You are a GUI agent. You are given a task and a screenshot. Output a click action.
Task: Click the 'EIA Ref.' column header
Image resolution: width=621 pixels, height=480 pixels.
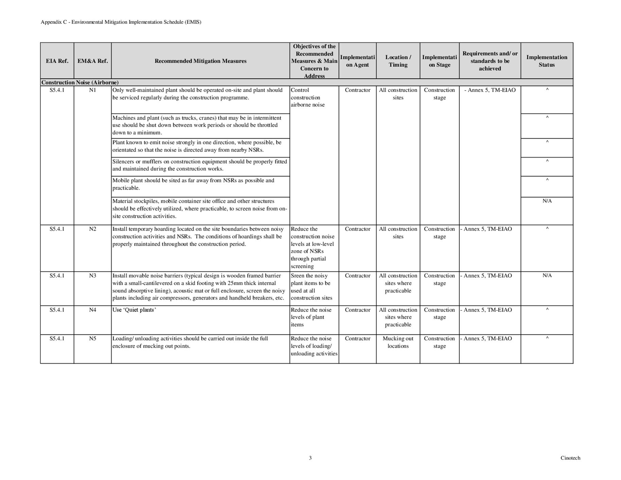tap(57, 61)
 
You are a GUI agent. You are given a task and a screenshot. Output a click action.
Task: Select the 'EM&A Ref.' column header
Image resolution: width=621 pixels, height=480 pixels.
tap(92, 61)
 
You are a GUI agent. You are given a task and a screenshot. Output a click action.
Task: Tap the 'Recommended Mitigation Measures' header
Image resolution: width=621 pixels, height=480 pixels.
tap(200, 61)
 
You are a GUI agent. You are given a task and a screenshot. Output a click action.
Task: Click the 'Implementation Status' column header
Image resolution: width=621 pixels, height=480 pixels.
tap(547, 61)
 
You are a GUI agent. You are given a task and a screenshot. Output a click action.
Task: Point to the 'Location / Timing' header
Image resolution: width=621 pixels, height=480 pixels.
tap(398, 61)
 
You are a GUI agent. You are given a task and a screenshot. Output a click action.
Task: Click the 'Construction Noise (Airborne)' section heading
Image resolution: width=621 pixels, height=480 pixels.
tap(80, 83)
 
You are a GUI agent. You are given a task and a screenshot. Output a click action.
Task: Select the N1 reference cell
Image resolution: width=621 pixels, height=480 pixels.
tap(92, 90)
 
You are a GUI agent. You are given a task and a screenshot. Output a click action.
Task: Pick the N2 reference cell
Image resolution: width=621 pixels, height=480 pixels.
tap(92, 229)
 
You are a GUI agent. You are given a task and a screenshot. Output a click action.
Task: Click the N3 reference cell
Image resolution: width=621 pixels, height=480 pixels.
tap(92, 275)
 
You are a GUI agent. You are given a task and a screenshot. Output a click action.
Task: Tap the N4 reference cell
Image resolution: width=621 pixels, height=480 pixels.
tap(92, 310)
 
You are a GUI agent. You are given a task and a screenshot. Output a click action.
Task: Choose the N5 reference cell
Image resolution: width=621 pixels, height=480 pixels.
tap(92, 338)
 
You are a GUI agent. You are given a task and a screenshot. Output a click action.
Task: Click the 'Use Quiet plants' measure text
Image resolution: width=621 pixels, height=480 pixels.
tap(134, 310)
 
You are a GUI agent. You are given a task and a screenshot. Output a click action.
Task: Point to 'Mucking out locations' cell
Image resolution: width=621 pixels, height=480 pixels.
tap(398, 342)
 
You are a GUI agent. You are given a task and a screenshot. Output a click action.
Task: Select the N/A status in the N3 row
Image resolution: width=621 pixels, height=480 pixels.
tap(547, 275)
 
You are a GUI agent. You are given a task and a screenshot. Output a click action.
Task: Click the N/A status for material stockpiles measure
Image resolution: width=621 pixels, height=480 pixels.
tap(547, 201)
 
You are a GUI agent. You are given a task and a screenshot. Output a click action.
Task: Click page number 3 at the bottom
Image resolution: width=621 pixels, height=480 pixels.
tap(310, 458)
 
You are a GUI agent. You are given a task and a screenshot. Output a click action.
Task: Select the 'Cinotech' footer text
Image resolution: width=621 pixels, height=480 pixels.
tap(570, 458)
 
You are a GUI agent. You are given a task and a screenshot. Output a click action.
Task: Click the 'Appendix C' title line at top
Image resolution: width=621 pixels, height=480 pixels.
tap(121, 22)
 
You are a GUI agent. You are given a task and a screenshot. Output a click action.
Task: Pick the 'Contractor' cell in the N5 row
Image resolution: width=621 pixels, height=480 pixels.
tap(357, 338)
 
